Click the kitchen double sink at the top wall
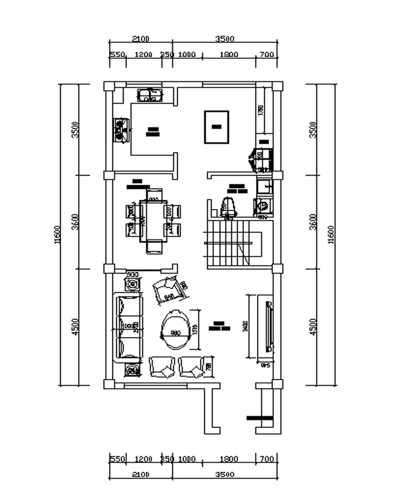coord(148,95)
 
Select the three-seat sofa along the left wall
coord(127,327)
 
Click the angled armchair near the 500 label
coord(168,288)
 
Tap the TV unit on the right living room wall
coord(269,327)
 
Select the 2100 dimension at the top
coord(140,39)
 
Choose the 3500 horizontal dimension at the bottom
coord(225,475)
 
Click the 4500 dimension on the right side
coord(313,327)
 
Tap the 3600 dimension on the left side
coord(76,221)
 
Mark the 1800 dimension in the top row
coord(229,55)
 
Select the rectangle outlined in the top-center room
coord(216,127)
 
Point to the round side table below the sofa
coord(132,370)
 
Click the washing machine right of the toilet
coord(264,206)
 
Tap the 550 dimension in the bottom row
coord(117,459)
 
